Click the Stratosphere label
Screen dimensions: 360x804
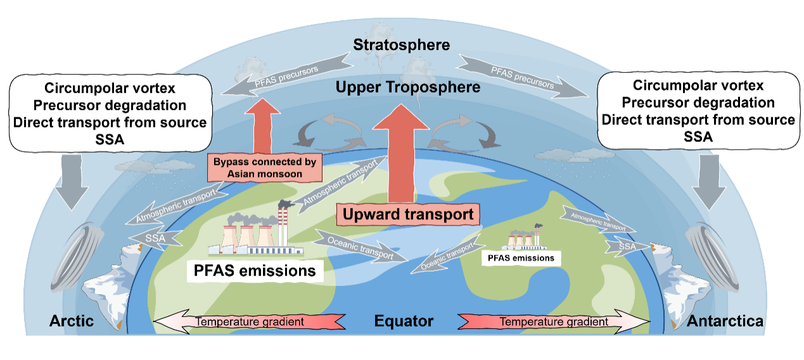coord(402,45)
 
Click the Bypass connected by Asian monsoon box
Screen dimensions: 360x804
coord(264,167)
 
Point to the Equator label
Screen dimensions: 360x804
coord(404,321)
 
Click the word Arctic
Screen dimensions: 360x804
coord(72,321)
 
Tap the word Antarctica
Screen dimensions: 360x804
coord(724,321)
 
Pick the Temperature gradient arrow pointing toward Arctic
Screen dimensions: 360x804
coord(250,321)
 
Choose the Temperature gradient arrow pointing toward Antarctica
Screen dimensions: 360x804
coord(554,321)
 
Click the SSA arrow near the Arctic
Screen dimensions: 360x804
coord(156,237)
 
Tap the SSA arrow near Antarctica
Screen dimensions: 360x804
coord(627,245)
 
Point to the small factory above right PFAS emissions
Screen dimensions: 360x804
coord(525,239)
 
